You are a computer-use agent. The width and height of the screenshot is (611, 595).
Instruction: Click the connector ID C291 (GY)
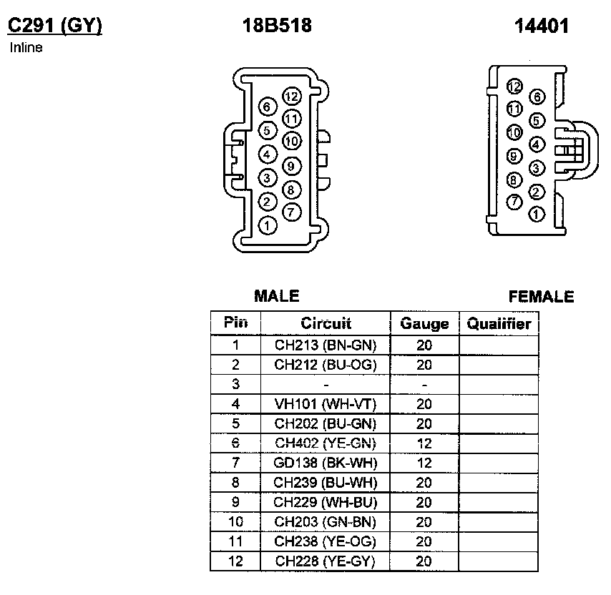coord(54,26)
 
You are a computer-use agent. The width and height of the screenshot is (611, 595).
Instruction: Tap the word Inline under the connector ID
coord(26,48)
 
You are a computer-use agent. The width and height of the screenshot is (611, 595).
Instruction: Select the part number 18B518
coord(277,26)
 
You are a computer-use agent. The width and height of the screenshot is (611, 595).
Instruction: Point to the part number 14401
coord(541,26)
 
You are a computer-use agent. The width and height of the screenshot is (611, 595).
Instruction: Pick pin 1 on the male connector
coord(267,226)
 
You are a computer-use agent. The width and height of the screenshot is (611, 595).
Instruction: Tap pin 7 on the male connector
coord(291,212)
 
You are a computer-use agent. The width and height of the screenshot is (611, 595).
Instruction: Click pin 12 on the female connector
coord(514,87)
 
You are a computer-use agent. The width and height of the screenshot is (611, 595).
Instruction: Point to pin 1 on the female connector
coord(537,214)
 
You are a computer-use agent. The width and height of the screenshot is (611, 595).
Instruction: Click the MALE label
coord(277,296)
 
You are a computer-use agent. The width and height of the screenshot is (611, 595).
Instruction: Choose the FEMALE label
coord(541,296)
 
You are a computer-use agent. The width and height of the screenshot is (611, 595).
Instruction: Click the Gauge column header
coord(424,323)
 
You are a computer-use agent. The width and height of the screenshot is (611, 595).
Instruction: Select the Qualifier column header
coord(499,323)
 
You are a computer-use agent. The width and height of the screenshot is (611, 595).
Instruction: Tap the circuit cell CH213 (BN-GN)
coord(326,345)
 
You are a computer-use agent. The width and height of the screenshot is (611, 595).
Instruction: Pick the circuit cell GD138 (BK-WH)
coord(326,463)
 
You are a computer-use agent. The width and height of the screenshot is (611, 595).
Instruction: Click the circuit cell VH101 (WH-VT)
coord(326,404)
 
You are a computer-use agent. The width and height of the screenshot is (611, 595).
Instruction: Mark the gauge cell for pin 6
coord(424,443)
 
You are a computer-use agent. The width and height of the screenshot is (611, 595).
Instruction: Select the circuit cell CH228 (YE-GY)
coord(326,561)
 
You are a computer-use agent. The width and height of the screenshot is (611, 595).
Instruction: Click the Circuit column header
coord(326,323)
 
